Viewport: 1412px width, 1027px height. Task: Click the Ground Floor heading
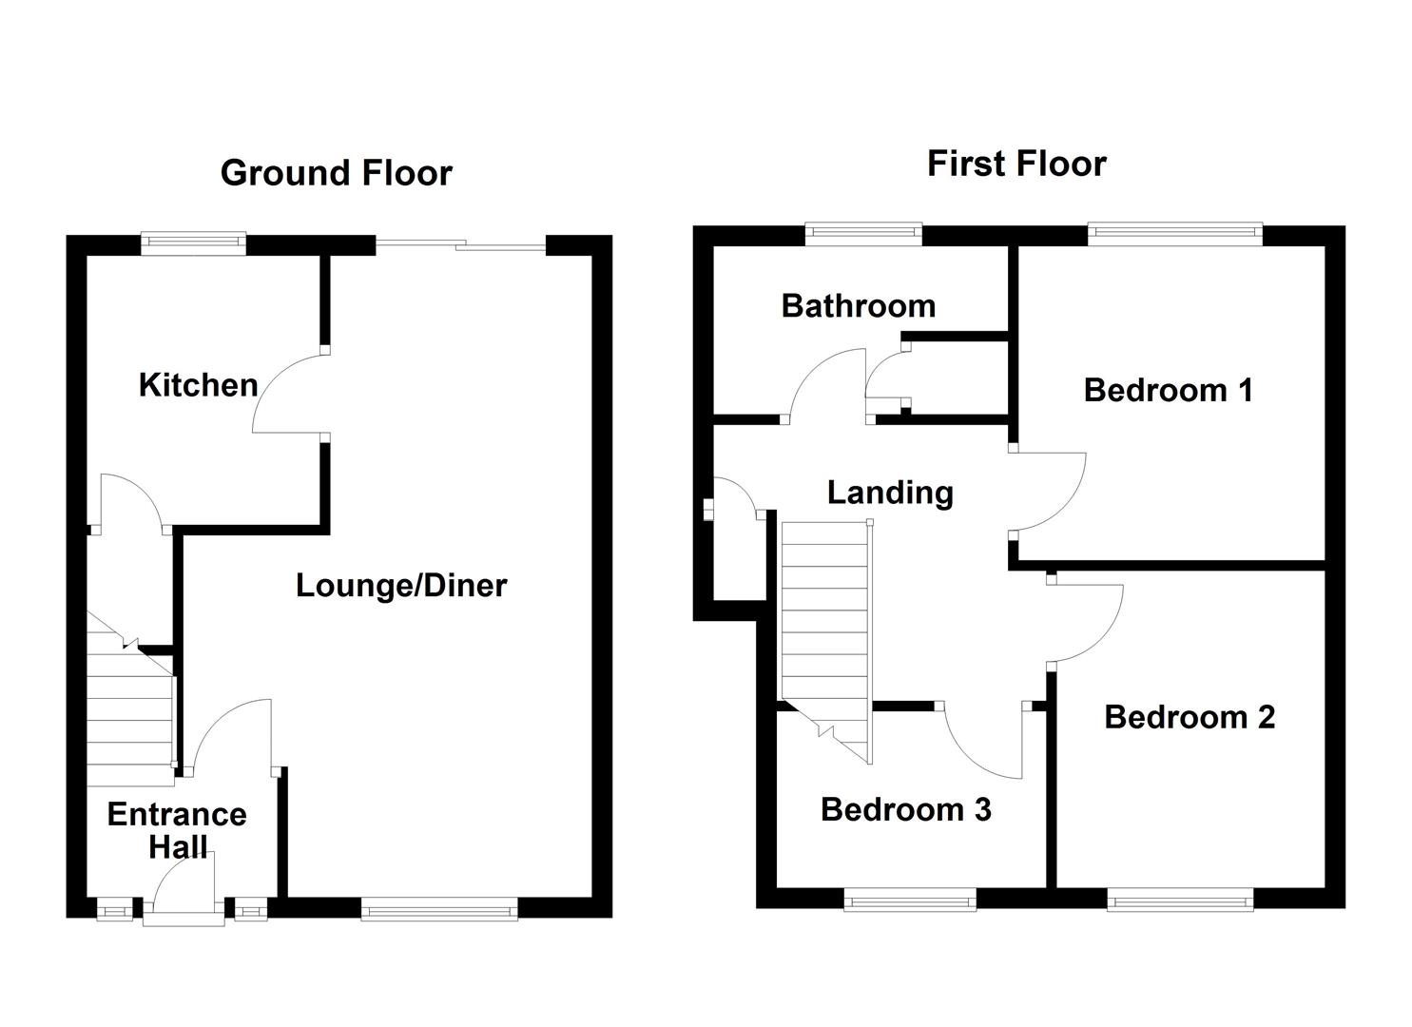pyautogui.click(x=336, y=173)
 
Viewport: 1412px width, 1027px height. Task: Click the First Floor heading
pyautogui.click(x=1015, y=164)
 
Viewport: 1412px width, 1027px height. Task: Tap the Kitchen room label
pyautogui.click(x=198, y=385)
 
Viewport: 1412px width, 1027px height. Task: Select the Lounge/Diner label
pyautogui.click(x=401, y=585)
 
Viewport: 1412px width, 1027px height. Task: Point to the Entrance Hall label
pyautogui.click(x=177, y=830)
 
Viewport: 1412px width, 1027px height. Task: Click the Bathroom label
pyautogui.click(x=858, y=305)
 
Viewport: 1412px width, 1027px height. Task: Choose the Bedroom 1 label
pyautogui.click(x=1168, y=390)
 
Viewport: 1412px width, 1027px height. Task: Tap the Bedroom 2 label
pyautogui.click(x=1189, y=717)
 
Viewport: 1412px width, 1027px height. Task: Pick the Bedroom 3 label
pyautogui.click(x=905, y=809)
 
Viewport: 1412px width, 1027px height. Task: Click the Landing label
pyautogui.click(x=890, y=493)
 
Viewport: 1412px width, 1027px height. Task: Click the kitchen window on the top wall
pyautogui.click(x=193, y=243)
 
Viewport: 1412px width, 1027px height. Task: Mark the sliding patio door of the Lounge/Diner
pyautogui.click(x=461, y=246)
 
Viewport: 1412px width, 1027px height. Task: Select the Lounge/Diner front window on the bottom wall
pyautogui.click(x=439, y=910)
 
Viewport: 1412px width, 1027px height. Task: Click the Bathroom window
pyautogui.click(x=863, y=234)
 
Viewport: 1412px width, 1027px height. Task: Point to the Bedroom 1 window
pyautogui.click(x=1174, y=234)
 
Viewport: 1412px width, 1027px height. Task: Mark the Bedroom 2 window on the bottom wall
pyautogui.click(x=1179, y=899)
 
